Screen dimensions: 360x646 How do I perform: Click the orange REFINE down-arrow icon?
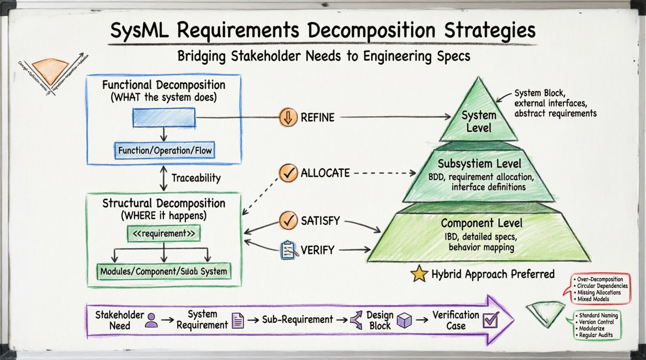click(x=288, y=117)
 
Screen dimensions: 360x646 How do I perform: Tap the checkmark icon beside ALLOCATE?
click(x=288, y=173)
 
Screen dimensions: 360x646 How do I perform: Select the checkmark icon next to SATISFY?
click(x=288, y=221)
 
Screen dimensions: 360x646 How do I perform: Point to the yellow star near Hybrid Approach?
click(x=419, y=274)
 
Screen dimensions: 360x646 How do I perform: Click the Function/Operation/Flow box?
click(x=165, y=151)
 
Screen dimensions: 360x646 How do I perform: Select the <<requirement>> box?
click(x=164, y=234)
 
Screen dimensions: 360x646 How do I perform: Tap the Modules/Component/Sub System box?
click(x=163, y=271)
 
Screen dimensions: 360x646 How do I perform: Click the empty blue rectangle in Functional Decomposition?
click(x=164, y=118)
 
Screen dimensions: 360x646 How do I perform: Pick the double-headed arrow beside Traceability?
click(x=163, y=178)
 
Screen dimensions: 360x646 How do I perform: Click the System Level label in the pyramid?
click(x=479, y=121)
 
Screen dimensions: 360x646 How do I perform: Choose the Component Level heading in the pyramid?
click(x=481, y=223)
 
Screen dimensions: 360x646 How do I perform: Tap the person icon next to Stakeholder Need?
click(x=151, y=320)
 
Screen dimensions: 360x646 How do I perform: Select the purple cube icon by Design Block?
click(x=404, y=320)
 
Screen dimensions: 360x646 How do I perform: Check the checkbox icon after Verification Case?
click(x=491, y=320)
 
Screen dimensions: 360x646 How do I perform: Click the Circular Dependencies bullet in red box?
click(x=602, y=286)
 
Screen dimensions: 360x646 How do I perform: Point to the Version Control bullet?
click(x=596, y=322)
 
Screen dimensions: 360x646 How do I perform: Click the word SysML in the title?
click(x=139, y=30)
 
